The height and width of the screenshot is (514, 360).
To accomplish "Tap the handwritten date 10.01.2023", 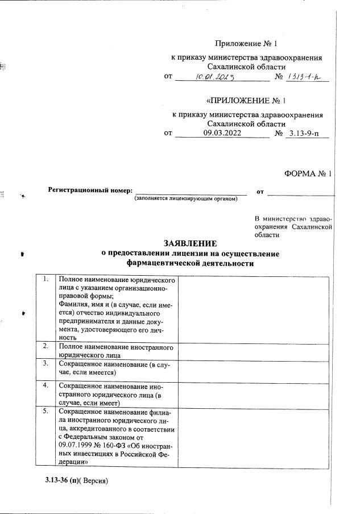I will [221, 76].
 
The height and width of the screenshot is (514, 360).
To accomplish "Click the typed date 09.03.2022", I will [222, 133].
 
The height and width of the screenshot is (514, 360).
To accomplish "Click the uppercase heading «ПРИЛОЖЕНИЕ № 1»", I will [246, 101].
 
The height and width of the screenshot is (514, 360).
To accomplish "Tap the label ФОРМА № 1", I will [307, 174].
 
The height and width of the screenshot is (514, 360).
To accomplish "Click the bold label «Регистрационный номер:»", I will [90, 190].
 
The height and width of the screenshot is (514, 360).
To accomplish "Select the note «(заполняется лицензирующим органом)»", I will [186, 198].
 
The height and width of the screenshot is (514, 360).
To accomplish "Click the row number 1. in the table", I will [45, 280].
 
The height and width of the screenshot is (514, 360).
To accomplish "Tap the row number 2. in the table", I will [45, 346].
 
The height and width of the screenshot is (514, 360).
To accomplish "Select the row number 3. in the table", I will [45, 363].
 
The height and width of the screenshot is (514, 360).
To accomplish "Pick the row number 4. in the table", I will [45, 386].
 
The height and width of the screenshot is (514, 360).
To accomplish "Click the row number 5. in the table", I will [45, 411].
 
